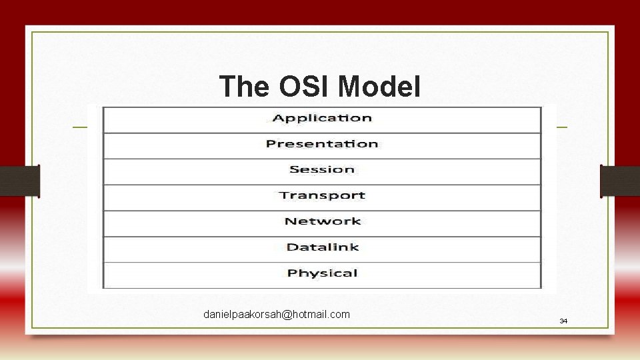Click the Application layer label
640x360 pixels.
[x=322, y=119]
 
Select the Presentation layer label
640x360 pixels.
[x=322, y=144]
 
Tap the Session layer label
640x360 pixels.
[x=322, y=169]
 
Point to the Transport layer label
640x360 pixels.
[x=322, y=195]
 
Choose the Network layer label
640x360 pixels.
[x=322, y=221]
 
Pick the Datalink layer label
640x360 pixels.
[x=322, y=247]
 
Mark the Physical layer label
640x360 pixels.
[x=322, y=273]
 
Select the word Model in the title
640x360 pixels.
[x=379, y=87]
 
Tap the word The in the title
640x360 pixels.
[x=243, y=87]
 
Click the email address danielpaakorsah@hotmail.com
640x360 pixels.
[x=277, y=314]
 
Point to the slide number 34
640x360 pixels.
[x=563, y=321]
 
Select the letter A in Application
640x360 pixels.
[x=277, y=118]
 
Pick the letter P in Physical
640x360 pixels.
[x=292, y=273]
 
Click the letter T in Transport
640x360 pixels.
[x=284, y=195]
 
